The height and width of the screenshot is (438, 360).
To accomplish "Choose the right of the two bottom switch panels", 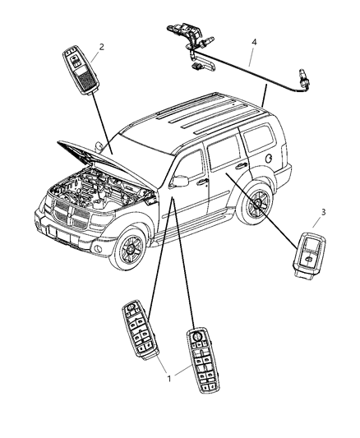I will coord(201,362).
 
